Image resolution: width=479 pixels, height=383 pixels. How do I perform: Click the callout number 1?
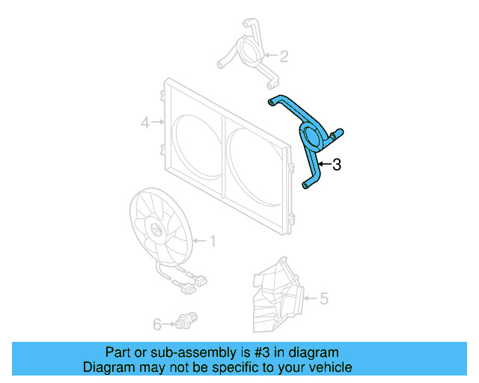click(213, 241)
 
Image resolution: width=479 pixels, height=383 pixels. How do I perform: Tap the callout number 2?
click(284, 55)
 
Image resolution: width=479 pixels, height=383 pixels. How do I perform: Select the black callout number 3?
click(337, 165)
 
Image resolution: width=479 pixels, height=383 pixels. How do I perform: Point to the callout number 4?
click(146, 120)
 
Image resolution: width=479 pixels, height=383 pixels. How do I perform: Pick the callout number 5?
click(324, 299)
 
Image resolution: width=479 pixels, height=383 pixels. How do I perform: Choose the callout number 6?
click(157, 324)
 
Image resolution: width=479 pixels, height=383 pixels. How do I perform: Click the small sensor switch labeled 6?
click(186, 319)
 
